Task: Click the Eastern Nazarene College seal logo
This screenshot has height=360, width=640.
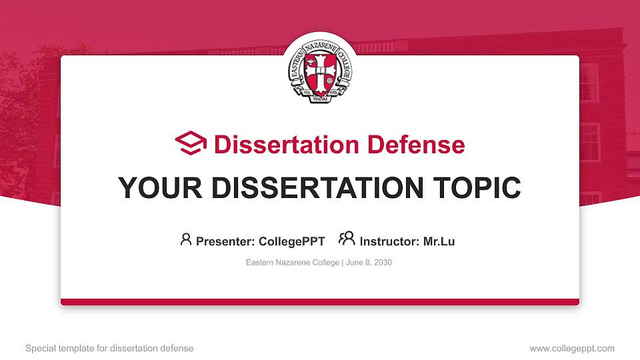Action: [x=319, y=70]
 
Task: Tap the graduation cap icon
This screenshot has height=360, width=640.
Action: [x=191, y=143]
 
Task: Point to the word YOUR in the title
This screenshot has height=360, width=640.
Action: [x=150, y=188]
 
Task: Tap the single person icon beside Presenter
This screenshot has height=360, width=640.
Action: [x=186, y=239]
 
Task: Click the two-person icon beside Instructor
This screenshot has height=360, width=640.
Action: [x=347, y=239]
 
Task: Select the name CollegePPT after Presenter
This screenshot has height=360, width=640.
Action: [x=291, y=241]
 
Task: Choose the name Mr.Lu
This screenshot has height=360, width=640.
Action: [x=439, y=241]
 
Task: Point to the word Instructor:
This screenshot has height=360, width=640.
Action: [x=390, y=241]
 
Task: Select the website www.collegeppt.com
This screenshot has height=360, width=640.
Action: [x=572, y=348]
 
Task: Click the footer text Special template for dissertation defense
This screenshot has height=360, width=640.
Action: [x=109, y=348]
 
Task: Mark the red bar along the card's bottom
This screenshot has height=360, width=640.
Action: [x=319, y=302]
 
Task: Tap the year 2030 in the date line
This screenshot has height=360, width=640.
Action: [x=383, y=263]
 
